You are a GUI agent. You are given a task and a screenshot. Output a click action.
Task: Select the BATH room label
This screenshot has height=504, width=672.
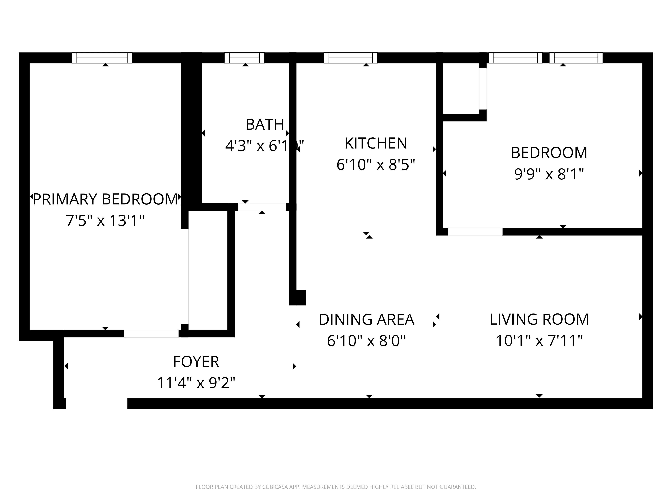point(265,124)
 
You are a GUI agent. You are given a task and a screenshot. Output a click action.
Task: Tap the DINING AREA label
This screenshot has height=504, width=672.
point(366,320)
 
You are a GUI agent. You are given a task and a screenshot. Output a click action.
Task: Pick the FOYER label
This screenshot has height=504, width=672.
point(196,362)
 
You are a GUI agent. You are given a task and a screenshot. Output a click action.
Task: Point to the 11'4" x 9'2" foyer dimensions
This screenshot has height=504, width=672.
point(196,383)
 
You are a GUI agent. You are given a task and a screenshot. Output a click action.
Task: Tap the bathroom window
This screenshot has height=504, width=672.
point(244,58)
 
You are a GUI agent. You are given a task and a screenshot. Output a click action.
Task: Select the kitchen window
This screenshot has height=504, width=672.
point(351,58)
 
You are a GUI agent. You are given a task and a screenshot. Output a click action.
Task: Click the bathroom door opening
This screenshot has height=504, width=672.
point(262,207)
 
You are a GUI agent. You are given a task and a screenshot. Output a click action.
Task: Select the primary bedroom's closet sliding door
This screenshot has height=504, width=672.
point(185,277)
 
